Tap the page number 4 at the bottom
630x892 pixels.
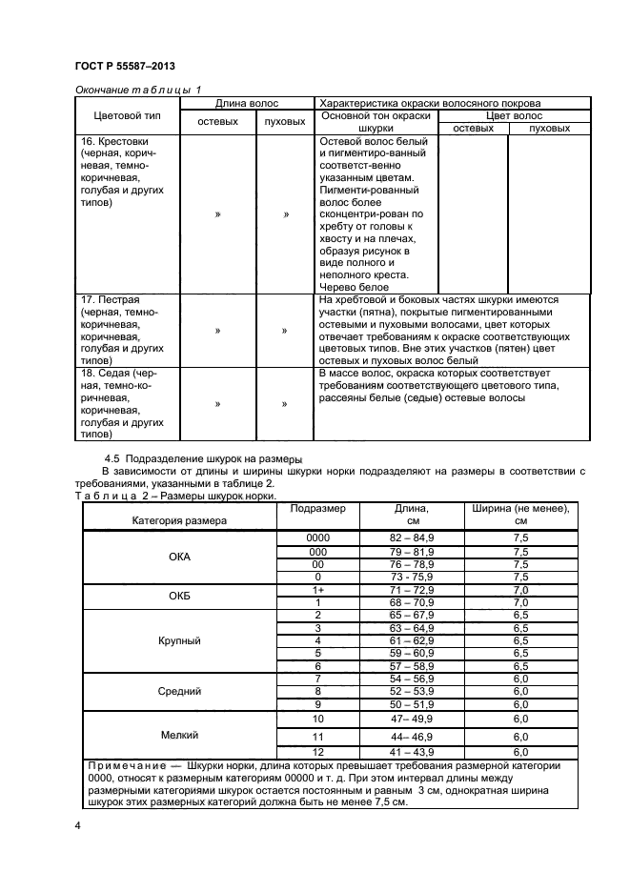78,826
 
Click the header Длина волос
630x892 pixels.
247,103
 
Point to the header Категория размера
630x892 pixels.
179,521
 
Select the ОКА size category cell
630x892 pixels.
179,557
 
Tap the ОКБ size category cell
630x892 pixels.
179,597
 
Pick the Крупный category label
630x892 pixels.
179,641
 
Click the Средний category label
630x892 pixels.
179,691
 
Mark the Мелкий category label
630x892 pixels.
179,735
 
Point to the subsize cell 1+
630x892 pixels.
317,590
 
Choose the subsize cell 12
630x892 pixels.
317,752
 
